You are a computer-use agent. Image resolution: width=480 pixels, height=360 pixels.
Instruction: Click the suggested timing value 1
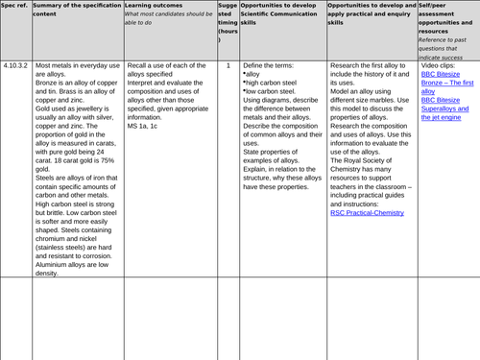[228, 65]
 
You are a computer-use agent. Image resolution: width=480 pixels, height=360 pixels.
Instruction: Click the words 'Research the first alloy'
[365, 65]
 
